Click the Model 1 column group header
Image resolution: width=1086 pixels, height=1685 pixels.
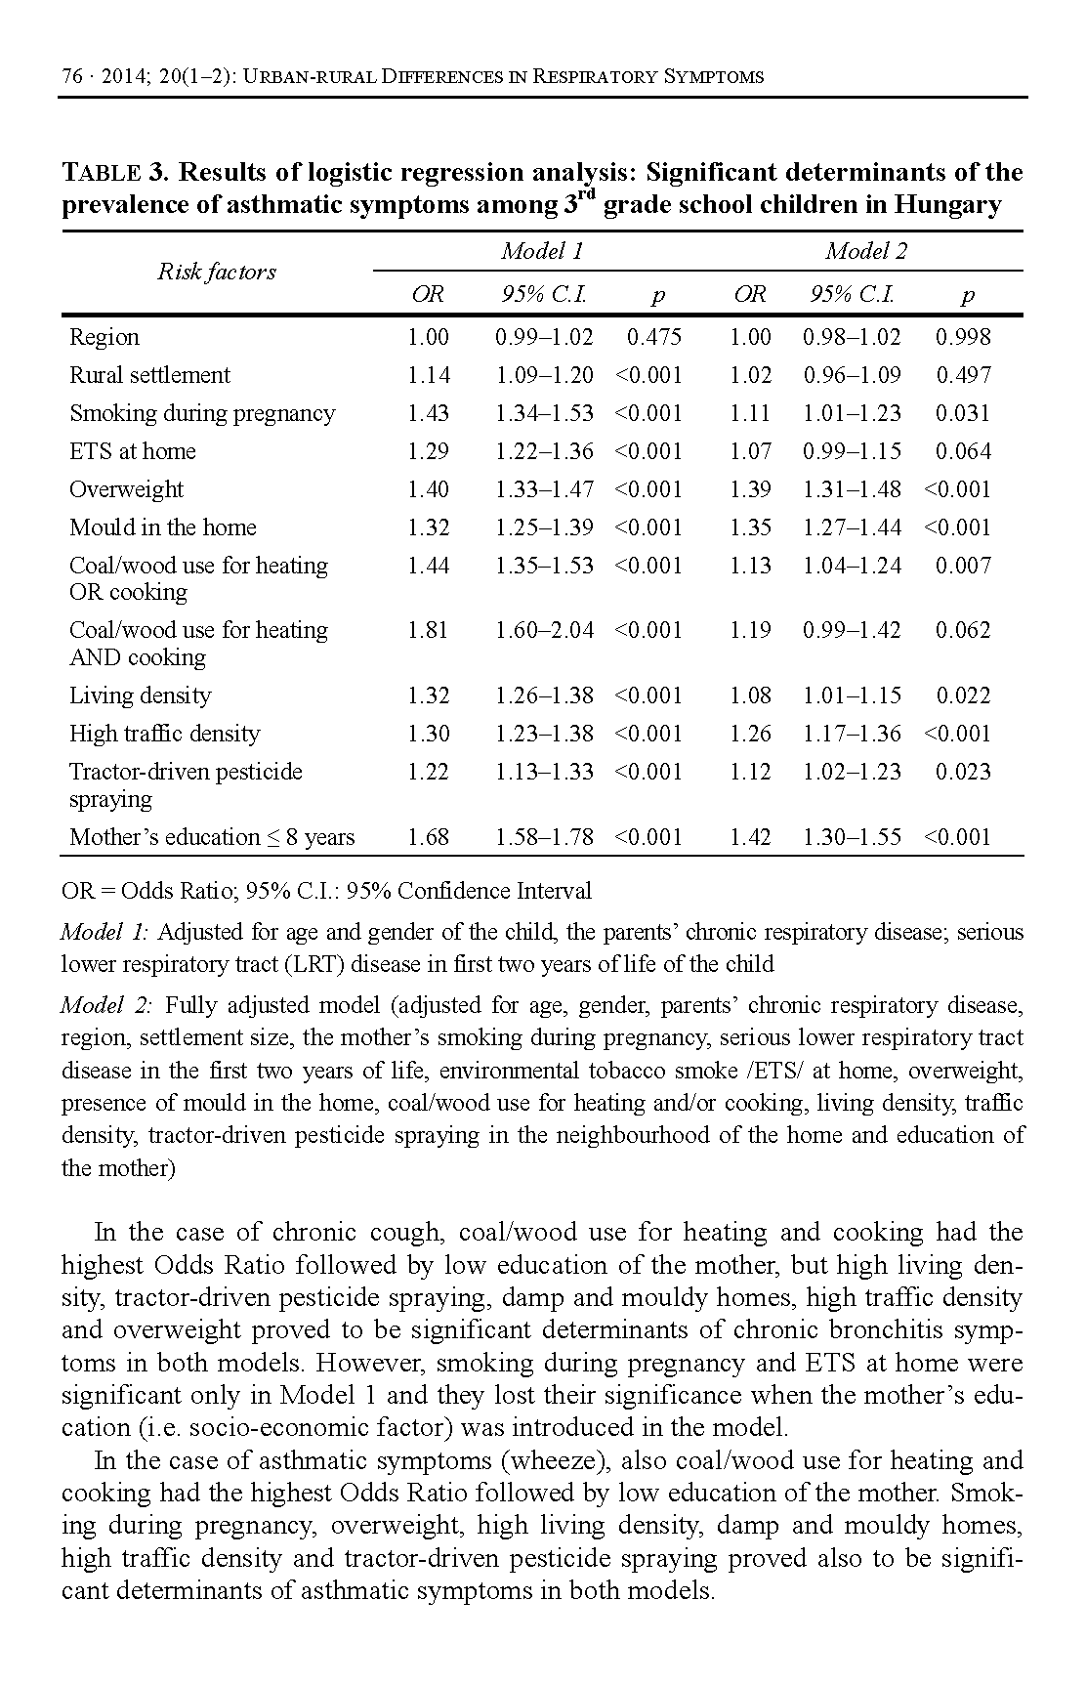542,252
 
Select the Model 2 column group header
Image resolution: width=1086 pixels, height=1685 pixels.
865,252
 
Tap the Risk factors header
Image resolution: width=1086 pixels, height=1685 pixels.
217,273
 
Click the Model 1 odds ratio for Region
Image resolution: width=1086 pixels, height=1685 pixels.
428,338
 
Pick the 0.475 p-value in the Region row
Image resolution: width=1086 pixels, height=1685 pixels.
653,338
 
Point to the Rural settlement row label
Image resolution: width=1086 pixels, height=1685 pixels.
149,376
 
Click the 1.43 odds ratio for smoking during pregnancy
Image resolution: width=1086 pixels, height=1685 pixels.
428,414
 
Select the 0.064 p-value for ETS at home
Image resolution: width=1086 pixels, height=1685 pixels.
963,452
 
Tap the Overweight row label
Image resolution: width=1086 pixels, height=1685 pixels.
126,490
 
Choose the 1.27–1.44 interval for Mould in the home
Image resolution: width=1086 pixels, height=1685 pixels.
852,528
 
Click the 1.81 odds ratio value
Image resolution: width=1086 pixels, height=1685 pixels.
428,631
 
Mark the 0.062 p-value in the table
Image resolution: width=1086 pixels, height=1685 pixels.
963,631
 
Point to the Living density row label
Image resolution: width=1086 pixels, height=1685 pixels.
140,696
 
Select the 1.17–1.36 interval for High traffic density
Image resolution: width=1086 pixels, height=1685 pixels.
852,735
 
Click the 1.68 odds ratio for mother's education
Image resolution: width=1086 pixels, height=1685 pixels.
428,838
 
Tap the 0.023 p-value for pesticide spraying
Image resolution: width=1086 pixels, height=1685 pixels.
963,773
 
